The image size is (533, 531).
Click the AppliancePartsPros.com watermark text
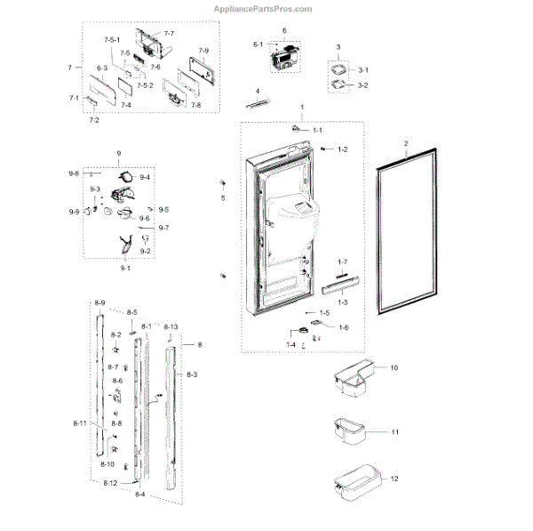tap(264, 9)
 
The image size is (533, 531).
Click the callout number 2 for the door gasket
tap(406, 144)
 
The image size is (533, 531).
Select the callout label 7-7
tap(169, 33)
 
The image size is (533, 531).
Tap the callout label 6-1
tap(259, 44)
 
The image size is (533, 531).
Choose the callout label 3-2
tap(362, 85)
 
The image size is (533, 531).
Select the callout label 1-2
tap(342, 149)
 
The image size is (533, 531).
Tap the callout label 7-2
tap(93, 118)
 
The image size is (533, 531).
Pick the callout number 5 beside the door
tap(223, 198)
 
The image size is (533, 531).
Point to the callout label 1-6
tap(342, 327)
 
